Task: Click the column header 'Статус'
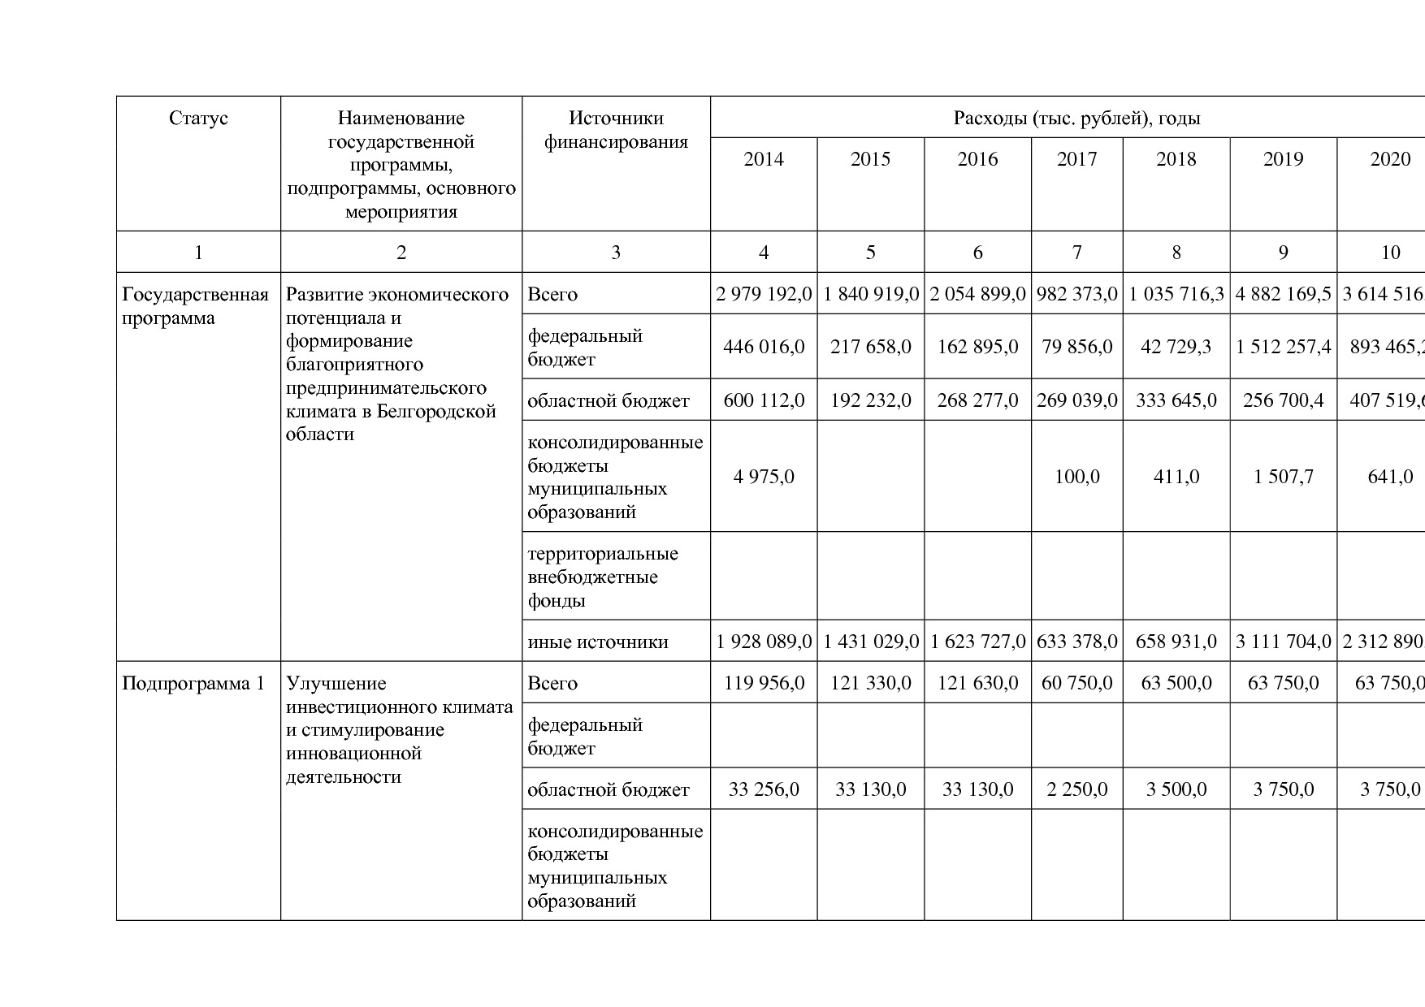tap(198, 119)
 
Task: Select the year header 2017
tap(1076, 159)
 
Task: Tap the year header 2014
tap(764, 159)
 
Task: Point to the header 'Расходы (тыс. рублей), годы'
tap(1076, 119)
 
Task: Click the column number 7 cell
tap(1076, 253)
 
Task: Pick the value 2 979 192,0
tap(764, 294)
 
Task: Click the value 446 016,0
tap(764, 347)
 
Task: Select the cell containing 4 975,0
tap(764, 477)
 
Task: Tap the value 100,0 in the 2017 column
tap(1076, 477)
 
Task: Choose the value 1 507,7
tap(1283, 477)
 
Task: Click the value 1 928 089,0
tap(764, 642)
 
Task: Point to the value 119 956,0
tap(764, 683)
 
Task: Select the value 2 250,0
tap(1076, 789)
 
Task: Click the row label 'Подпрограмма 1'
tap(193, 683)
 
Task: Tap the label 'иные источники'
tap(598, 642)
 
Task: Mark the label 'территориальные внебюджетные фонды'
tap(603, 577)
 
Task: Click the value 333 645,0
tap(1176, 400)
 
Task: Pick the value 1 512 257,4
tap(1283, 347)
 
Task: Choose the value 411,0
tap(1176, 477)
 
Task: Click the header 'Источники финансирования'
tap(616, 130)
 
